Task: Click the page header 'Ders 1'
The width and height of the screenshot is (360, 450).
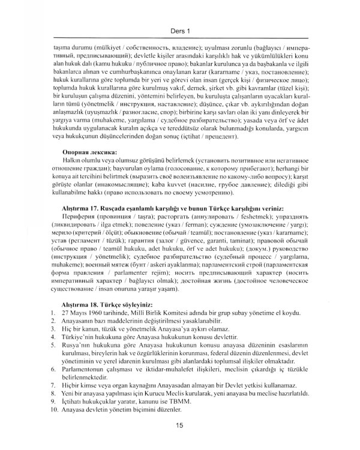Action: tap(179, 26)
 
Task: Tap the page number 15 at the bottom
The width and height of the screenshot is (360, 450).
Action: tap(179, 425)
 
